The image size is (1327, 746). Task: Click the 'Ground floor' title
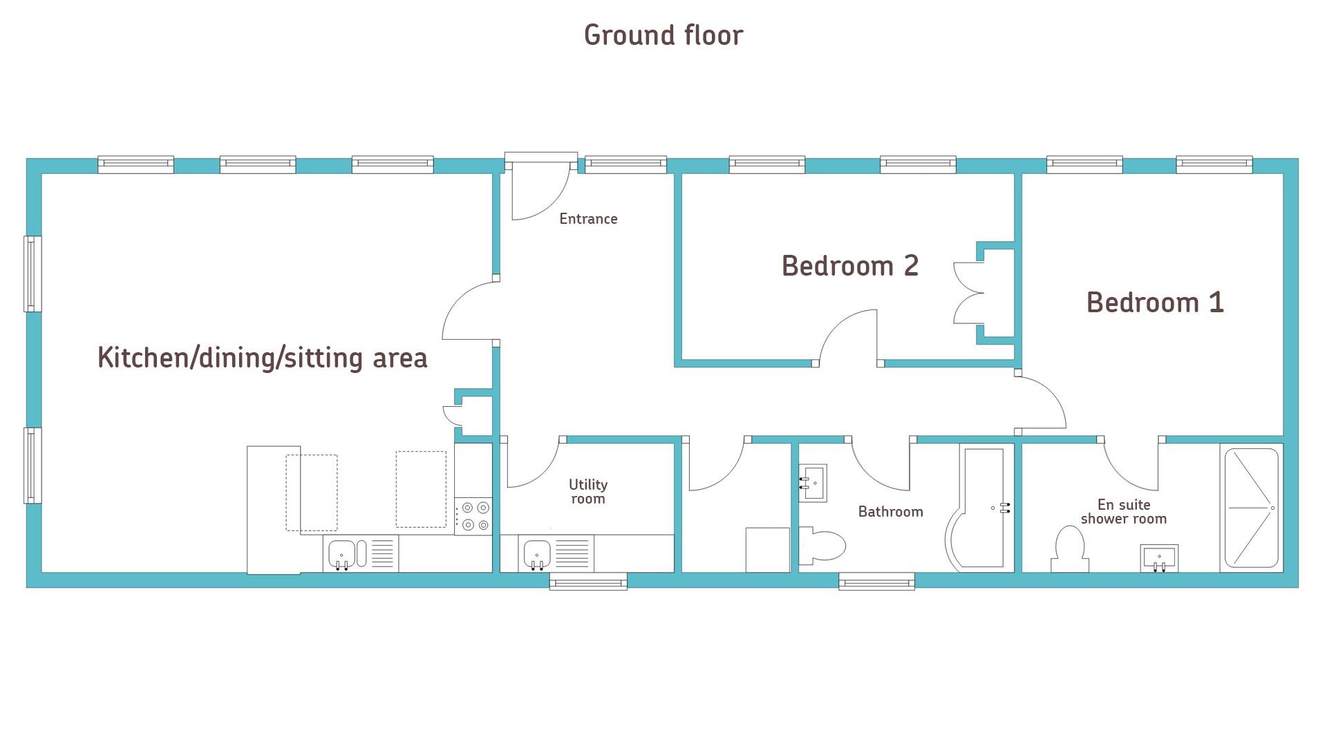point(663,35)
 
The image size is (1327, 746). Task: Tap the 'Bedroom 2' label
point(850,266)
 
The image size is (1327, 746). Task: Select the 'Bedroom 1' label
point(1155,303)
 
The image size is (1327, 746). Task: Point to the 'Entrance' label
point(588,219)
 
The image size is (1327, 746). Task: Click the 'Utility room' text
point(588,492)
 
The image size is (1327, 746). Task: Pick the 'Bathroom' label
point(890,512)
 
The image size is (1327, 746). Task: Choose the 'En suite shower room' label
point(1124,512)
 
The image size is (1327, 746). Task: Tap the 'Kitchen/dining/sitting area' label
point(263,358)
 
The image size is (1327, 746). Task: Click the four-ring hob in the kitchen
point(473,517)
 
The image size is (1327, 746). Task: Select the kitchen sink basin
point(341,554)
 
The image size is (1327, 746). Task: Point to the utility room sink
point(537,554)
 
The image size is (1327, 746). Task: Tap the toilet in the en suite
point(1069,549)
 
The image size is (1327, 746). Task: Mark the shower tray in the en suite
point(1252,508)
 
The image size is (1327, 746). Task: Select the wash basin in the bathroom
point(813,483)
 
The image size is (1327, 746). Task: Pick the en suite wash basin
point(1159,558)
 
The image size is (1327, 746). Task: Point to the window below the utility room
point(588,582)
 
